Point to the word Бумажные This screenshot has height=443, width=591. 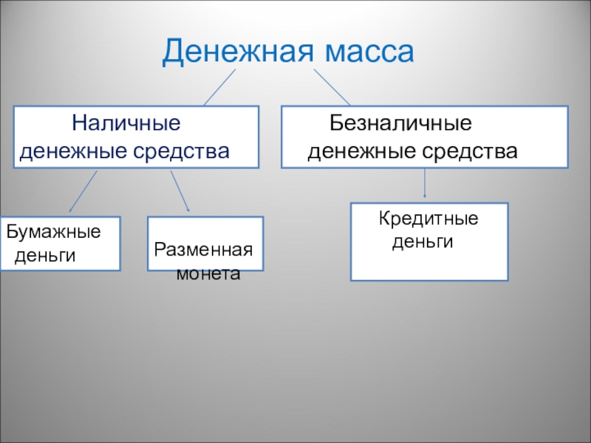53,232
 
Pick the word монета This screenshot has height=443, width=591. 208,273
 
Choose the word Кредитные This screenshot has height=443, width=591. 428,219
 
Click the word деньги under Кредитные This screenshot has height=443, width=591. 421,242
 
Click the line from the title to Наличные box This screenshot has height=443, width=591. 219,87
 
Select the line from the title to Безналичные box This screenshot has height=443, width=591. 332,87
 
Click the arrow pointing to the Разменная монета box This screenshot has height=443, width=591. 180,191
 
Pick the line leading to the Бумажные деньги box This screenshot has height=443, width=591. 83,191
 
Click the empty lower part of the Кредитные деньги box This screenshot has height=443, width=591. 428,266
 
